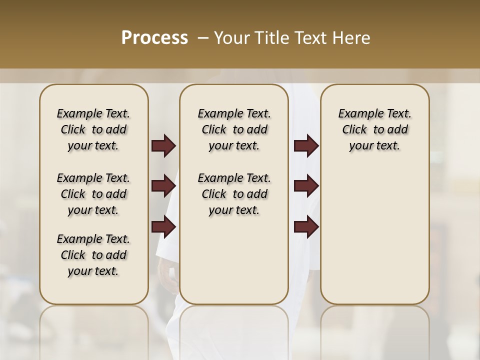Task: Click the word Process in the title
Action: [x=154, y=38]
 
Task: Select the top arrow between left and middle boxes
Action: [x=163, y=146]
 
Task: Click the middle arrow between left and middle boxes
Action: [x=163, y=186]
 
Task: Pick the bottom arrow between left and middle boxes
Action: [x=163, y=227]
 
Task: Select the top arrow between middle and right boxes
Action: [x=306, y=146]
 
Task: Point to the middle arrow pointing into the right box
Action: [x=306, y=186]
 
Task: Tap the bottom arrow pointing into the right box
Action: [x=306, y=227]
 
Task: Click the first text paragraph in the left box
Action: [x=93, y=129]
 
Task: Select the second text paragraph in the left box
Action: [x=93, y=194]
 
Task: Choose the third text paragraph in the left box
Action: [x=93, y=255]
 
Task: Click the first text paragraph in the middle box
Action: [x=234, y=129]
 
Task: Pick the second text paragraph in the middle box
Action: [x=234, y=194]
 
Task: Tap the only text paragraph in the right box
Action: [x=375, y=129]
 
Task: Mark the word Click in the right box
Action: [x=354, y=130]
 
